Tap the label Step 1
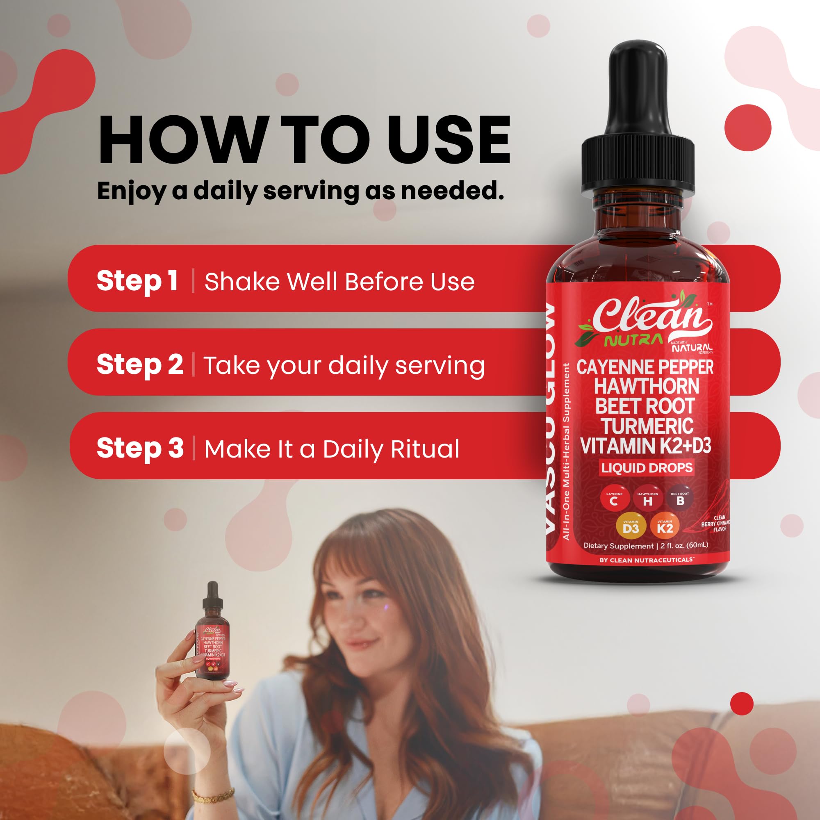pyautogui.click(x=137, y=281)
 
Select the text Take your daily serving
pyautogui.click(x=344, y=365)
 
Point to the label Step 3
pyautogui.click(x=140, y=448)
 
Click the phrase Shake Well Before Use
pyautogui.click(x=339, y=282)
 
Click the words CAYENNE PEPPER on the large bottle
pyautogui.click(x=644, y=367)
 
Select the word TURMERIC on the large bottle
pyautogui.click(x=647, y=426)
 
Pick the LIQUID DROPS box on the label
pyautogui.click(x=647, y=468)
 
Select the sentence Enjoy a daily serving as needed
pyautogui.click(x=300, y=191)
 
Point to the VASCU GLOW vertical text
pyautogui.click(x=551, y=418)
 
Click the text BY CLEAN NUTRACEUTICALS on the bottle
pyautogui.click(x=646, y=560)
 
